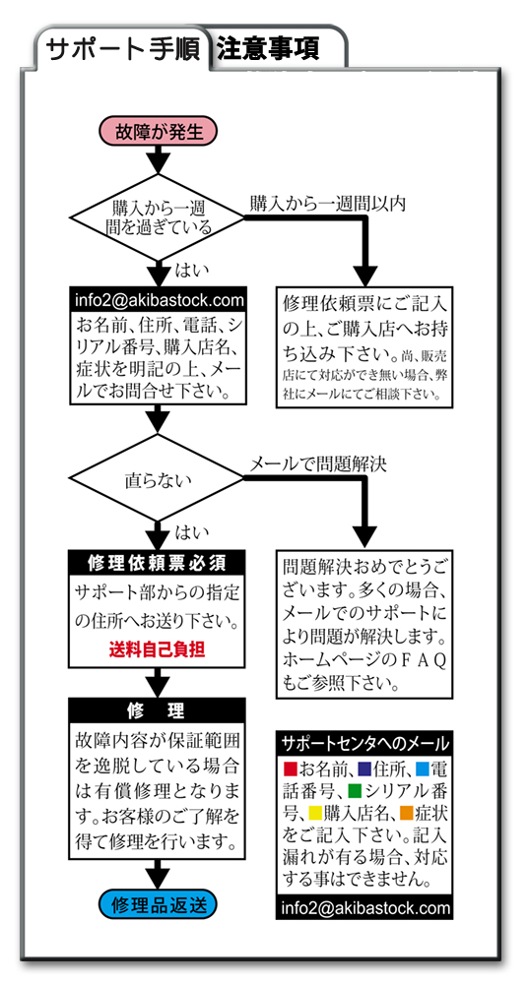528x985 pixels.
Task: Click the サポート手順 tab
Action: click(123, 48)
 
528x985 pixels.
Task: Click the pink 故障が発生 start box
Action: click(158, 132)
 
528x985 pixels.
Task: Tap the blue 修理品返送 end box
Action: click(158, 905)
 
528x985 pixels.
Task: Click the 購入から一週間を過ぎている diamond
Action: click(158, 217)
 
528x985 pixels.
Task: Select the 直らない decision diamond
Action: click(158, 480)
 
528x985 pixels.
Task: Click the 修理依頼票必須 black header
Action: click(158, 562)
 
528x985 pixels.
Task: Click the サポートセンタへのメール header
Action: click(364, 744)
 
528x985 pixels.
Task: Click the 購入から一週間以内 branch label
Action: click(327, 204)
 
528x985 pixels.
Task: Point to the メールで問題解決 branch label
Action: click(318, 465)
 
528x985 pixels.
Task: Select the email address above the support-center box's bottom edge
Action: click(364, 908)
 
